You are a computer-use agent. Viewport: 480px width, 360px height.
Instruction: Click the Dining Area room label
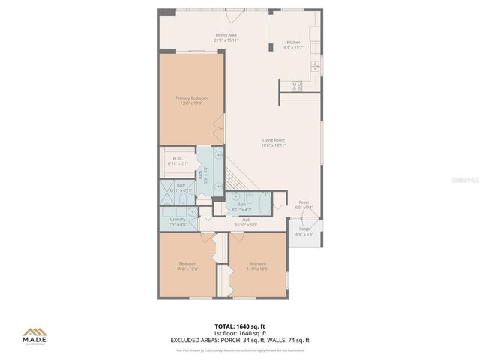(226, 34)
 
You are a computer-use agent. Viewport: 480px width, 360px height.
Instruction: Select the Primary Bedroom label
(191, 98)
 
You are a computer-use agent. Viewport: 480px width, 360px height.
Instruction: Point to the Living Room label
(273, 139)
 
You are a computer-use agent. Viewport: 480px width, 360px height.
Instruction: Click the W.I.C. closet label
(178, 158)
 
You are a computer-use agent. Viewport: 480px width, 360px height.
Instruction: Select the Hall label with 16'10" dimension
(246, 220)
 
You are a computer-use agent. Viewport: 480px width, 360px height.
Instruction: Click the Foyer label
(304, 202)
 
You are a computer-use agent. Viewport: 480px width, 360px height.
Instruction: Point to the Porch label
(304, 229)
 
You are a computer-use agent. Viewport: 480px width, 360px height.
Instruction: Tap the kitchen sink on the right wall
(315, 66)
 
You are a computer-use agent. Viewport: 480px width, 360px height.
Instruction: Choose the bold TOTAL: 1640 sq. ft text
(241, 326)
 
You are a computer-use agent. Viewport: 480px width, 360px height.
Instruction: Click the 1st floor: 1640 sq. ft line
(241, 333)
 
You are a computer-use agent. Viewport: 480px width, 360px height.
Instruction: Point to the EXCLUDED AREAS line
(241, 340)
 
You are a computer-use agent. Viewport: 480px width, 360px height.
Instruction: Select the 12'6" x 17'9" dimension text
(191, 103)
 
